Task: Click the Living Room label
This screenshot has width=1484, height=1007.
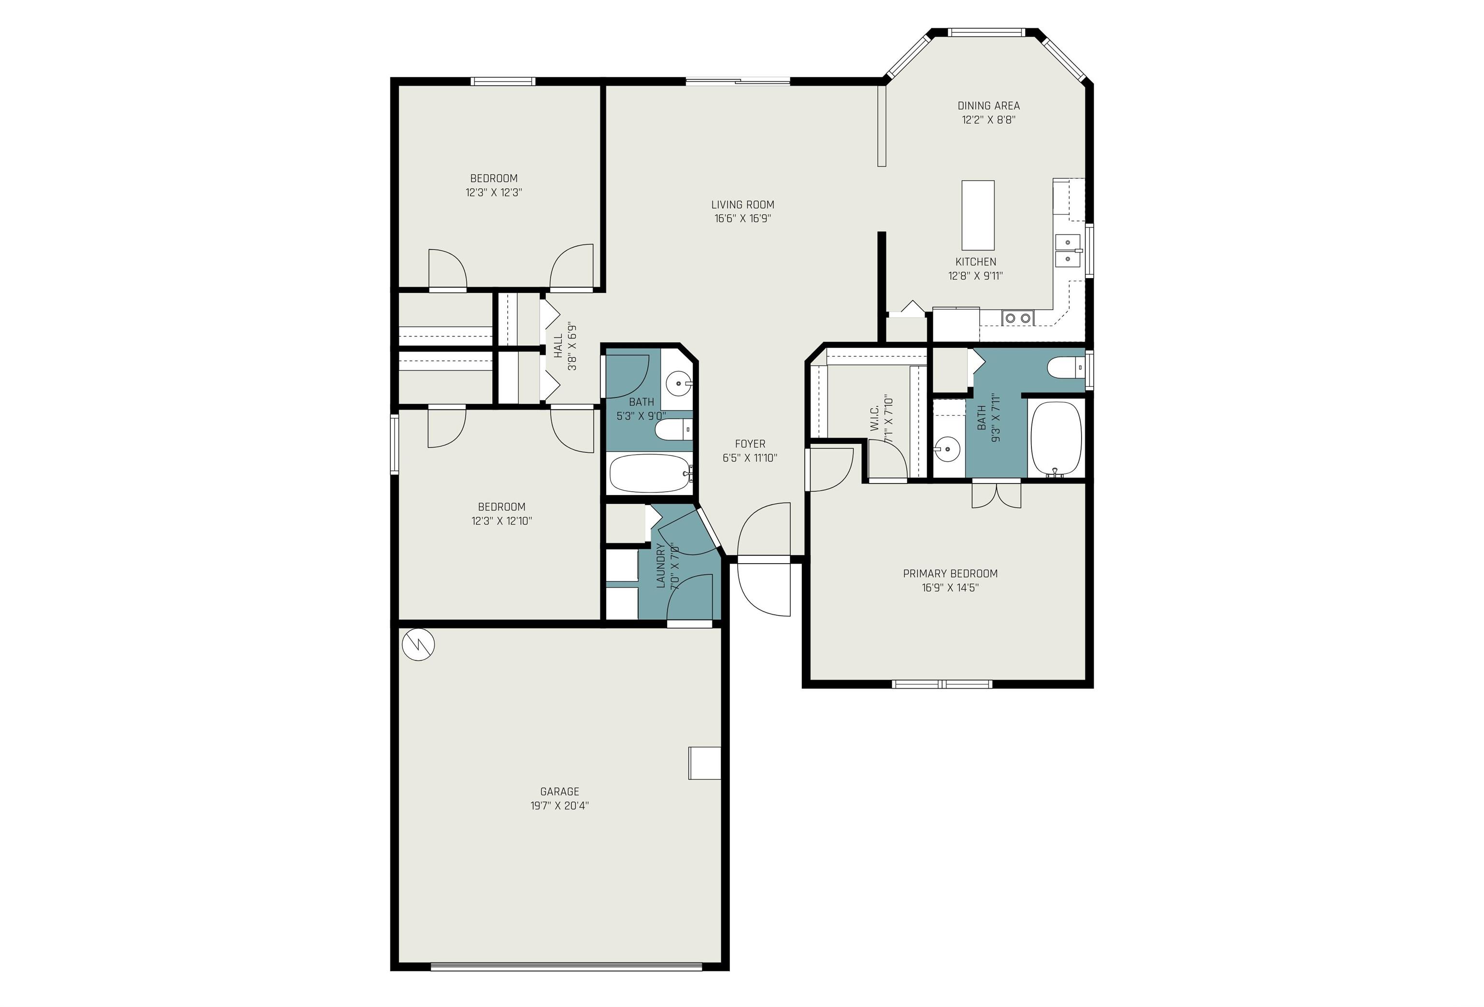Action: [x=742, y=205]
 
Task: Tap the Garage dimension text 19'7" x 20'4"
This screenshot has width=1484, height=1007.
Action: [x=559, y=806]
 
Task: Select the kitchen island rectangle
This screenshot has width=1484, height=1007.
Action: [x=978, y=215]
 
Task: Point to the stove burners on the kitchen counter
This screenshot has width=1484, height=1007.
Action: [x=1018, y=317]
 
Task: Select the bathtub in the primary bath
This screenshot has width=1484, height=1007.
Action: [x=1056, y=438]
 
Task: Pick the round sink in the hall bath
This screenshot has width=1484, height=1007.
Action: [x=677, y=384]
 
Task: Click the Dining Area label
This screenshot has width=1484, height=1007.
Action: [x=988, y=106]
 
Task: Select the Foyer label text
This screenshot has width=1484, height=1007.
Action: [x=750, y=444]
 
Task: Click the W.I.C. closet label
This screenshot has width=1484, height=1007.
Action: [x=875, y=418]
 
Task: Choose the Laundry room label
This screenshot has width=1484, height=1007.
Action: [x=661, y=566]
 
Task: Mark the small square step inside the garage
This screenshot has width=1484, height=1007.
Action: [x=704, y=763]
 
